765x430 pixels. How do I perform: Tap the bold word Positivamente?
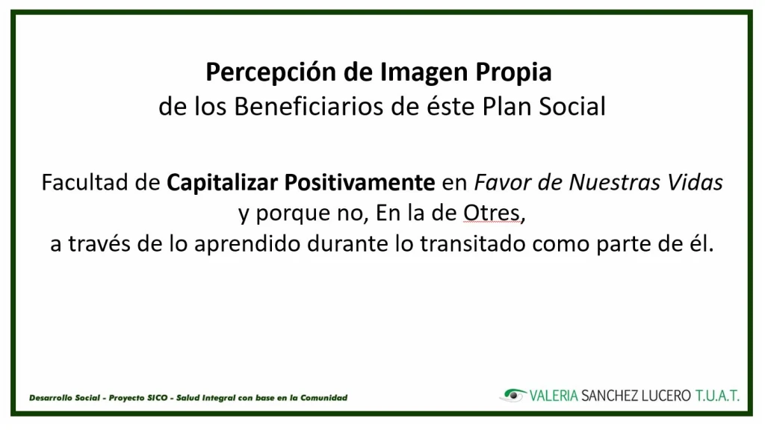359,183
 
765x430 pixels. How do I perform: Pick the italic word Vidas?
696,182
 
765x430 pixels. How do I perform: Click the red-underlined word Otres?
492,213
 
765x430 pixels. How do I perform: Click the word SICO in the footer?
158,398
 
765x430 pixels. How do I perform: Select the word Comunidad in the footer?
324,398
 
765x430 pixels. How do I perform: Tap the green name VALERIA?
554,396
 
